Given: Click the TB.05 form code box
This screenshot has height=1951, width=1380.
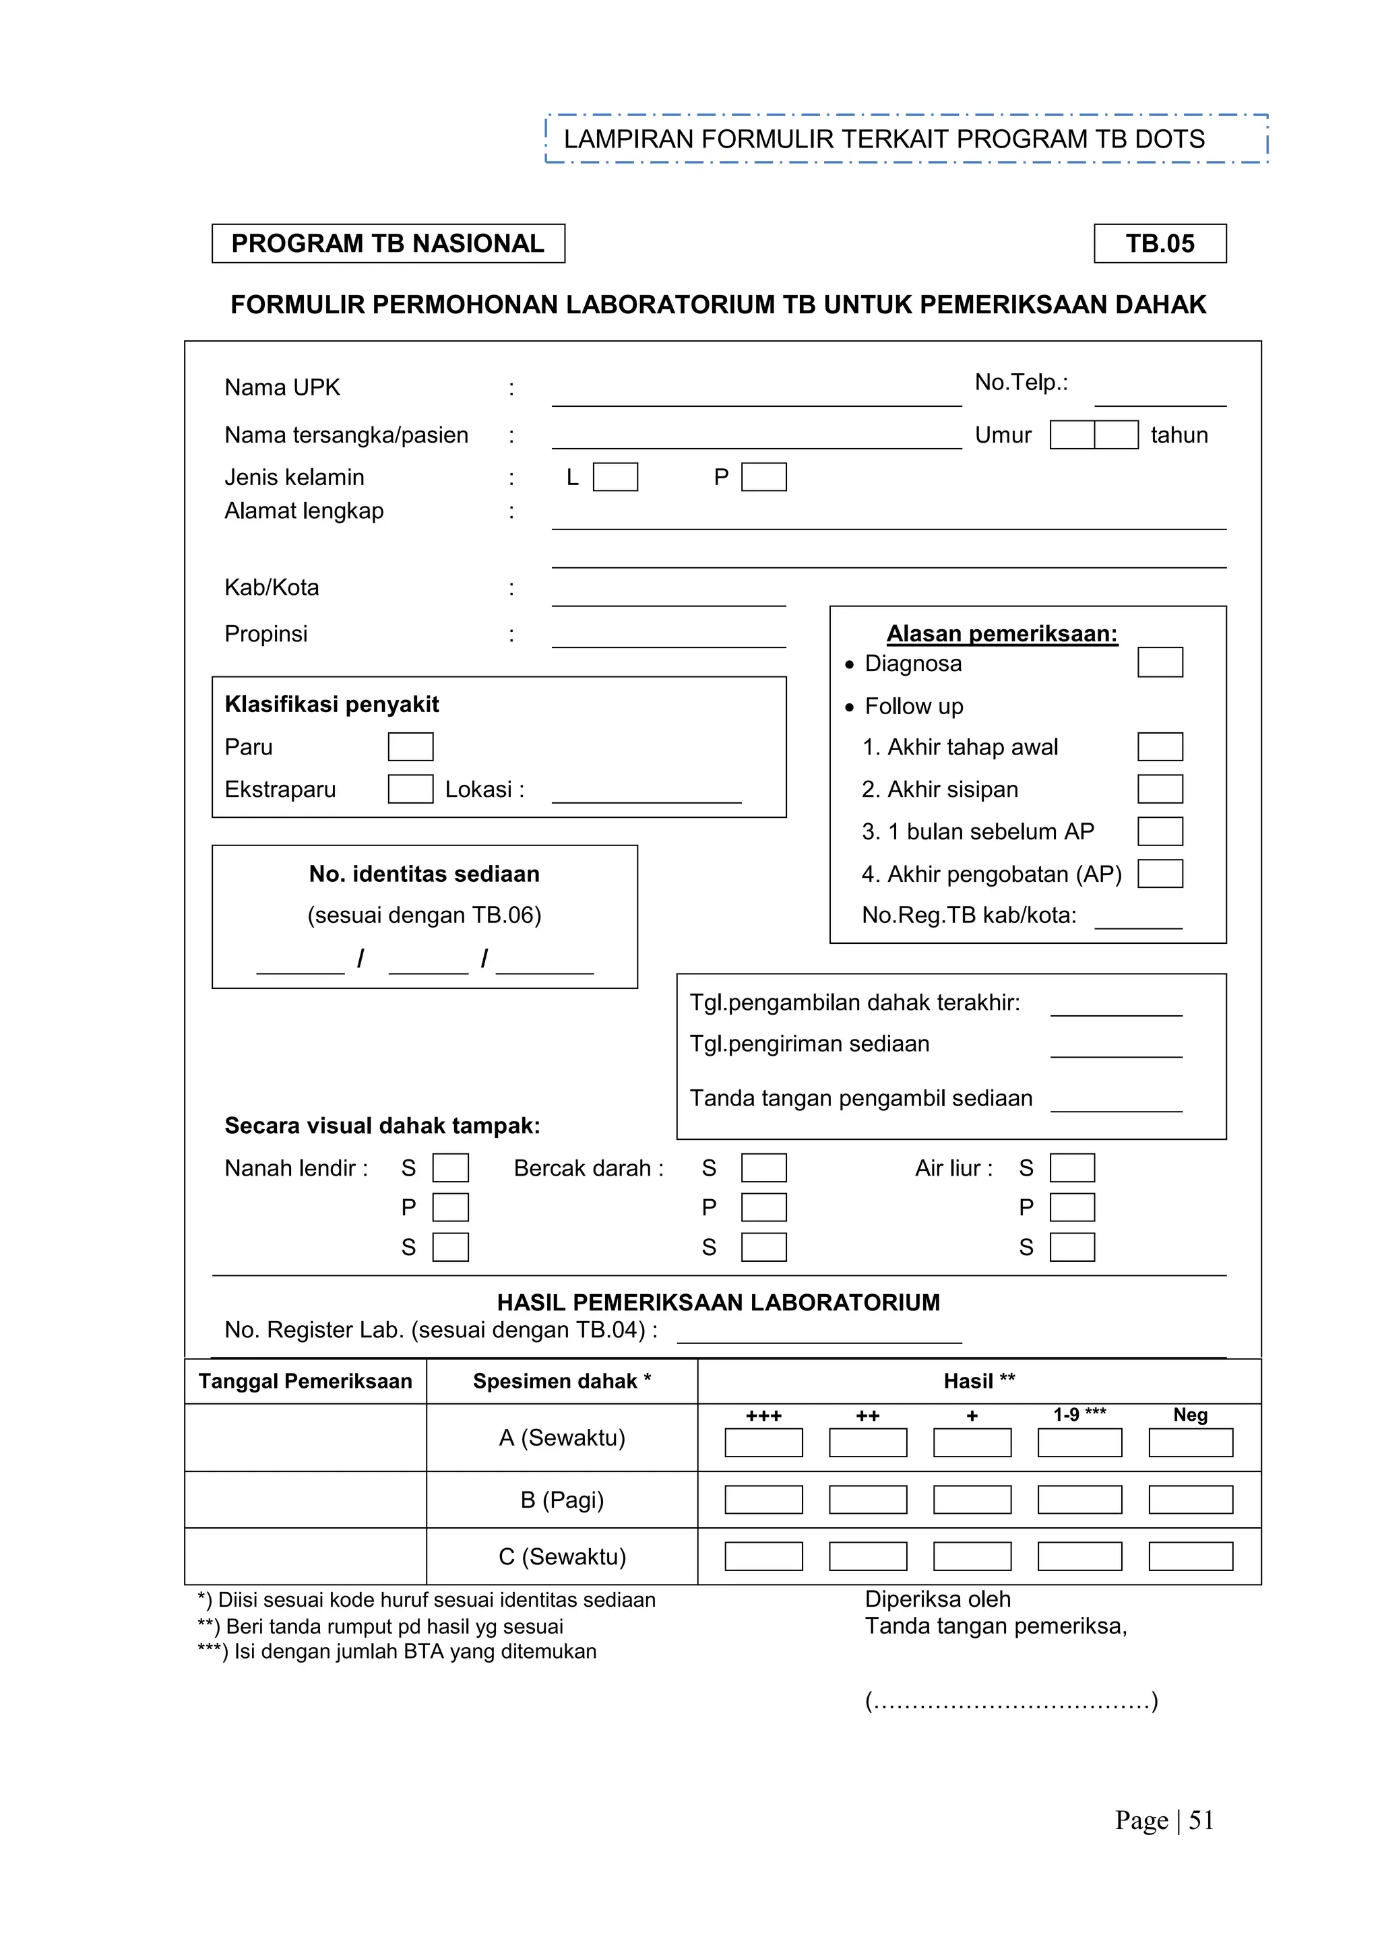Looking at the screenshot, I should tap(1159, 244).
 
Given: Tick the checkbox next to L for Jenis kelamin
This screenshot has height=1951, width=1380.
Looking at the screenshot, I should tap(615, 477).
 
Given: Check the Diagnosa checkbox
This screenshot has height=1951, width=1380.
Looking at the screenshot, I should tap(1159, 662).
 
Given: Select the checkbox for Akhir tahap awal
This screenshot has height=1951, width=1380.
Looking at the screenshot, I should tap(1159, 747).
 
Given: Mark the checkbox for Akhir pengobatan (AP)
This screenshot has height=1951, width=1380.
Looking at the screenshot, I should tap(1159, 874).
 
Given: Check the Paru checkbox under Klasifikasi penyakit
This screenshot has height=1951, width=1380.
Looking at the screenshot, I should tap(410, 747).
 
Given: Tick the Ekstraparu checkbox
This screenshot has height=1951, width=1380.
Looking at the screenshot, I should tap(410, 789).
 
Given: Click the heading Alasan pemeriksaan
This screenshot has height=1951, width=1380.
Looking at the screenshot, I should tap(1002, 634).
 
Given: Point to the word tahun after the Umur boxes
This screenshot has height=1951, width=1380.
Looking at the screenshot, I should tap(1179, 435).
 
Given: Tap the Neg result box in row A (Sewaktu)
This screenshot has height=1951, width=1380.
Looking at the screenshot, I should tap(1190, 1443).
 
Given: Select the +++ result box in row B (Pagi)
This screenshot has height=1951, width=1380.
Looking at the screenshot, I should tap(763, 1500).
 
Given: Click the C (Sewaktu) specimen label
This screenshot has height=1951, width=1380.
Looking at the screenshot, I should tap(562, 1557).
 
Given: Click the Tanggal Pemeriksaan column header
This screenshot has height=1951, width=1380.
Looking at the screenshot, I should tap(305, 1382).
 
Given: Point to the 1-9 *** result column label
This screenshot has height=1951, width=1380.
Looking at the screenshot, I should tap(1079, 1415).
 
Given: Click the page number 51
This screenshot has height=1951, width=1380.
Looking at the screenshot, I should tap(1201, 1820).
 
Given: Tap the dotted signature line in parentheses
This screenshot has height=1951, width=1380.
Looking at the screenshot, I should tap(1011, 1702).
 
